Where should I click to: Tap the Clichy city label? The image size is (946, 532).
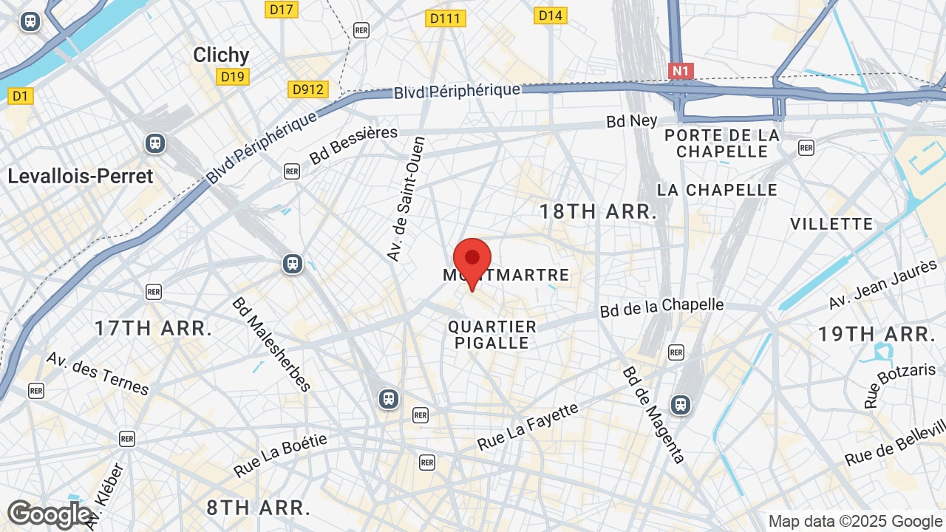pyautogui.click(x=221, y=55)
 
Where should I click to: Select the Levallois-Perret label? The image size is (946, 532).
pyautogui.click(x=81, y=176)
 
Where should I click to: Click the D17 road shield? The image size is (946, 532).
pyautogui.click(x=281, y=10)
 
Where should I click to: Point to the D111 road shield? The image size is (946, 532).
pyautogui.click(x=446, y=18)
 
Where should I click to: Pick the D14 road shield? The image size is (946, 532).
pyautogui.click(x=550, y=15)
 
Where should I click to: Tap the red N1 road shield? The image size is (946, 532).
pyautogui.click(x=681, y=71)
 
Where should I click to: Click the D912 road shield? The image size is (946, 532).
pyautogui.click(x=307, y=89)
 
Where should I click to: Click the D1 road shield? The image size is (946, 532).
pyautogui.click(x=20, y=95)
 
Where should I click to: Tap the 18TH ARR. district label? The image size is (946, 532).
pyautogui.click(x=598, y=212)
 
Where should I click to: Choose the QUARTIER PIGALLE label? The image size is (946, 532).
pyautogui.click(x=492, y=335)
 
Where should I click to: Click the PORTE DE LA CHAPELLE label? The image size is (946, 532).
pyautogui.click(x=722, y=143)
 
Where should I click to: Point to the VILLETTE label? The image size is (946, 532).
pyautogui.click(x=831, y=224)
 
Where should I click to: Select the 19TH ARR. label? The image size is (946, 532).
pyautogui.click(x=877, y=334)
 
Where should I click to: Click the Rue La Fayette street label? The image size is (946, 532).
pyautogui.click(x=528, y=426)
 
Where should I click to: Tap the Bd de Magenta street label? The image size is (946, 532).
pyautogui.click(x=653, y=415)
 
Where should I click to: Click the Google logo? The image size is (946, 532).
pyautogui.click(x=49, y=514)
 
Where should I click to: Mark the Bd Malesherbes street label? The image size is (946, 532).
pyautogui.click(x=271, y=344)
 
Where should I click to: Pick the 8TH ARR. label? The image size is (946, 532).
pyautogui.click(x=258, y=508)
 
